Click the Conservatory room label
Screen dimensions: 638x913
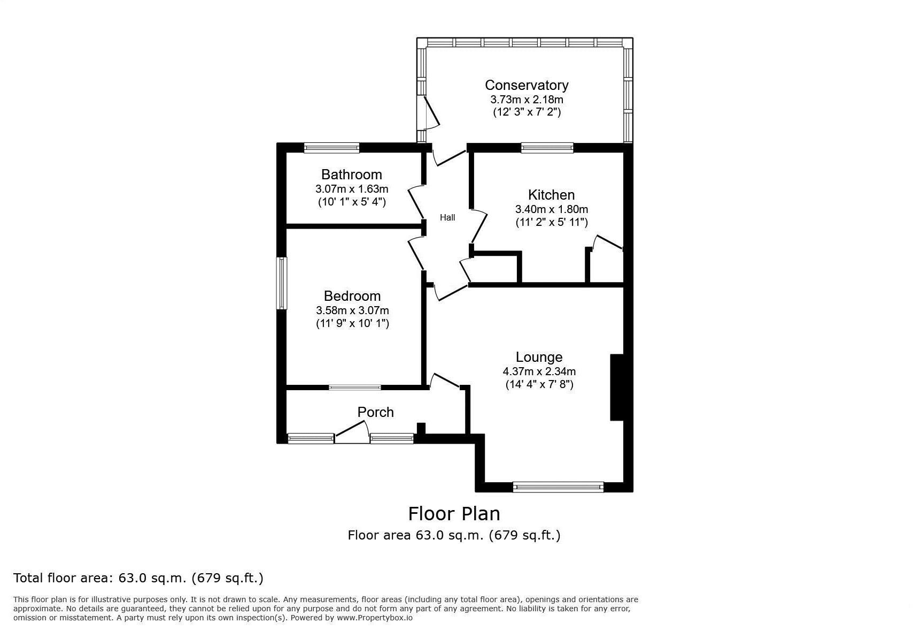pyautogui.click(x=526, y=85)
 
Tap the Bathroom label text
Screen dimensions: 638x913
pyautogui.click(x=351, y=174)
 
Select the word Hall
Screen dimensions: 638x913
pyautogui.click(x=447, y=217)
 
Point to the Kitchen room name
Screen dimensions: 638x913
pyautogui.click(x=551, y=195)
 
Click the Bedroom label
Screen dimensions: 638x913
pyautogui.click(x=352, y=296)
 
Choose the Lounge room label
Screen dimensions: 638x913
pyautogui.click(x=539, y=357)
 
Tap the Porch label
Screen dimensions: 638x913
pyautogui.click(x=375, y=412)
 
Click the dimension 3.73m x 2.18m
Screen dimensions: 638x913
pyautogui.click(x=526, y=100)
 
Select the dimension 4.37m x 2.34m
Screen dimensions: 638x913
pyautogui.click(x=539, y=371)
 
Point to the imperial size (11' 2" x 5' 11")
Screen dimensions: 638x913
pyautogui.click(x=551, y=222)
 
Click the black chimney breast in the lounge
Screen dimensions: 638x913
pyautogui.click(x=616, y=387)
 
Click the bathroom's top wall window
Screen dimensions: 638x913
pyautogui.click(x=331, y=148)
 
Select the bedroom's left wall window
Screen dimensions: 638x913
pyautogui.click(x=281, y=283)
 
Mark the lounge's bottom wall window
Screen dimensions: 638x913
pyautogui.click(x=558, y=487)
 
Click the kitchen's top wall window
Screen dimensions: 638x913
pyautogui.click(x=547, y=148)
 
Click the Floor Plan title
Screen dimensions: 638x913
pyautogui.click(x=454, y=514)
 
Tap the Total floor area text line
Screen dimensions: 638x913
pyautogui.click(x=138, y=578)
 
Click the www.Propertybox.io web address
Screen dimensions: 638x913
pyautogui.click(x=374, y=618)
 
